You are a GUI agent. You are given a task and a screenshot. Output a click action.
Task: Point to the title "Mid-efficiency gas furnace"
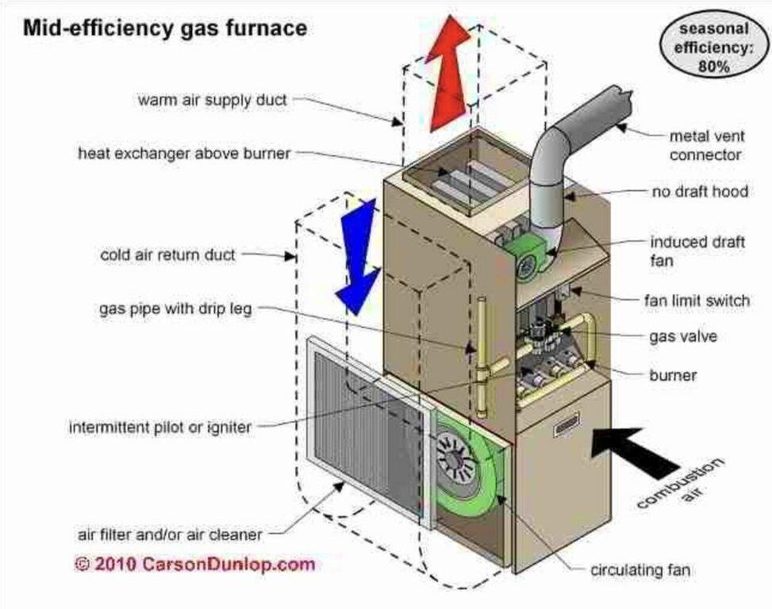[x=164, y=29]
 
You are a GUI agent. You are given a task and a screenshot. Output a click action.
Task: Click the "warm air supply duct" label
[x=212, y=101]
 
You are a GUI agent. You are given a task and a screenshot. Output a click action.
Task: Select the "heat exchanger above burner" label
[x=184, y=153]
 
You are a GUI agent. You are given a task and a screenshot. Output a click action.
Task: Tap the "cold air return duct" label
[x=167, y=255]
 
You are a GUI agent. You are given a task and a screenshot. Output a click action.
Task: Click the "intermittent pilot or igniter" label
[x=160, y=427]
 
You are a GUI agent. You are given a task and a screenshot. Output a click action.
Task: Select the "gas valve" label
[x=683, y=336]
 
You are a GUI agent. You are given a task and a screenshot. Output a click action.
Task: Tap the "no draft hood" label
[x=700, y=192]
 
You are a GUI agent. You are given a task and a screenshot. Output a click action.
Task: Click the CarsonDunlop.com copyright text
[x=194, y=565]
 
